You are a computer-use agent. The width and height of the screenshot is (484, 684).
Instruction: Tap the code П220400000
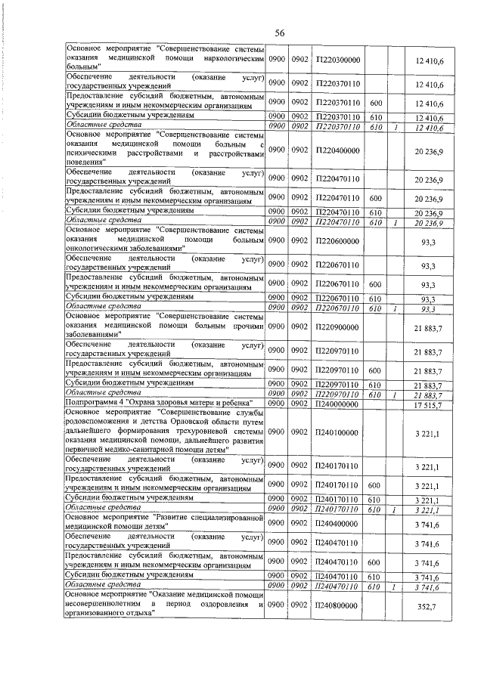click(338, 150)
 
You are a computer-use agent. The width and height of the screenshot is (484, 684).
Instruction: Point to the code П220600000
click(338, 241)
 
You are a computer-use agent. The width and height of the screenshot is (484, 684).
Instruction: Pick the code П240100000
click(338, 432)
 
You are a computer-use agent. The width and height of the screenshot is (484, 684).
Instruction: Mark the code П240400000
click(338, 522)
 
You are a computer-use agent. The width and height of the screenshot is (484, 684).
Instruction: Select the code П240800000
click(338, 605)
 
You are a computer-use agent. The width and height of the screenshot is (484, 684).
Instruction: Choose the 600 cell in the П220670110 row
click(374, 285)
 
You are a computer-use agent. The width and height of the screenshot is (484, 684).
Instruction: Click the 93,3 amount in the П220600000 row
click(428, 241)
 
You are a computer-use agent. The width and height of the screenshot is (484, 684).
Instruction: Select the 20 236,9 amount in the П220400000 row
click(427, 150)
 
